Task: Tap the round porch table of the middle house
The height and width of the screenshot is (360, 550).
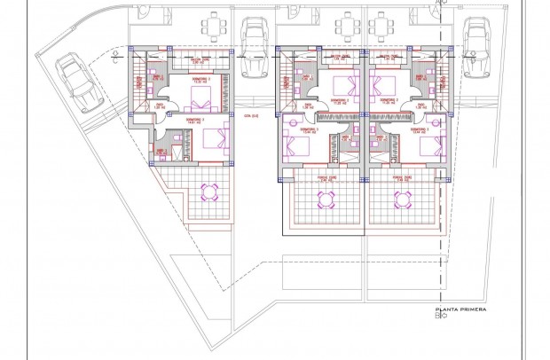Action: (316, 197)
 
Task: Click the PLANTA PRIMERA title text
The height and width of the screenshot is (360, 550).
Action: (456, 311)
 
